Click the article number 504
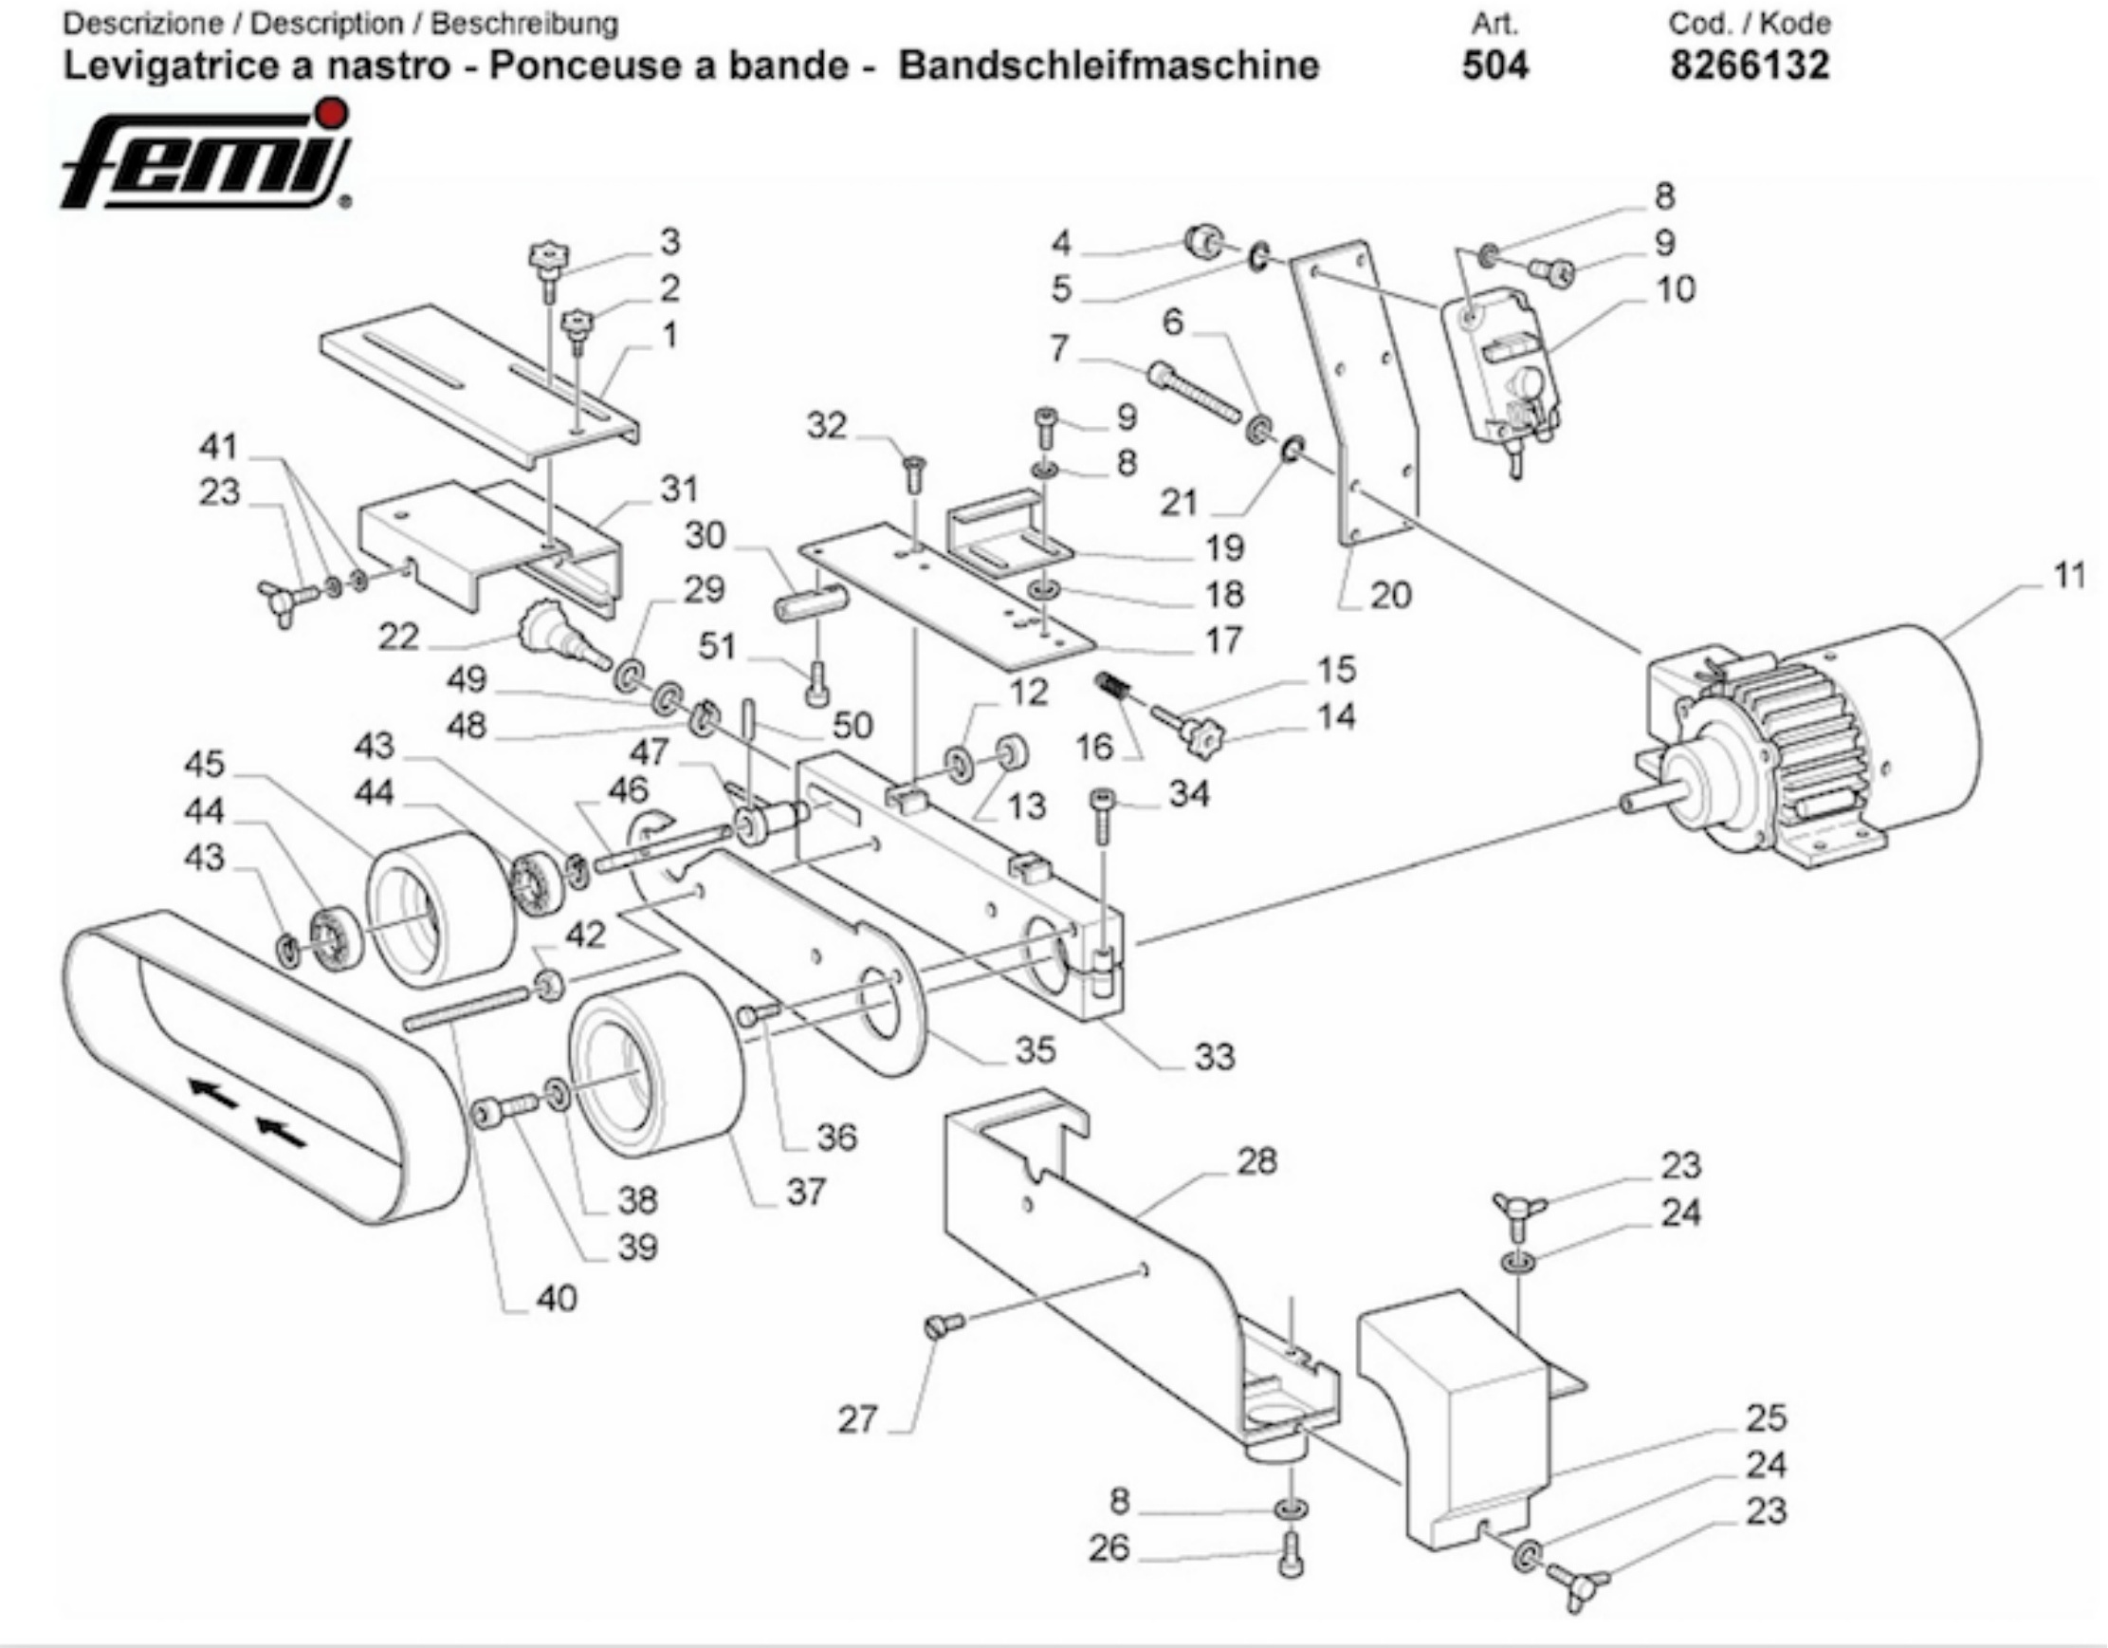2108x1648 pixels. coord(1495,65)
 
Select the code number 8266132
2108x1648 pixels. coord(1749,65)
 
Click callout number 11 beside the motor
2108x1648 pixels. coord(2067,576)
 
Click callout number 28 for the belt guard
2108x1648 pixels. coord(1256,1161)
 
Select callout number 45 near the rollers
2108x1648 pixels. coord(204,764)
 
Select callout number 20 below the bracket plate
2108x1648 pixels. coord(1391,596)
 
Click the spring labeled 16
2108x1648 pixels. coord(1113,688)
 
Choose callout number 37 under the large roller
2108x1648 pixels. coord(806,1192)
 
